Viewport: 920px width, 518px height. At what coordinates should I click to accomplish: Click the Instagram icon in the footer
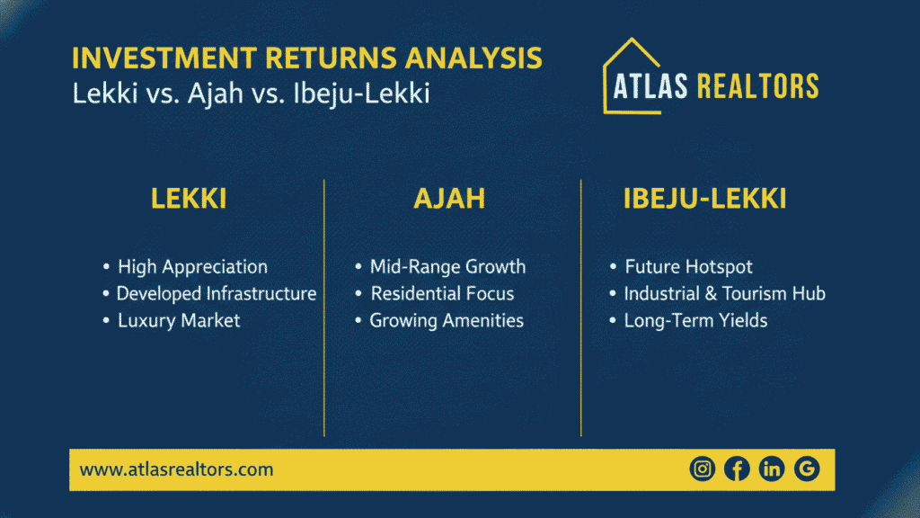[702, 469]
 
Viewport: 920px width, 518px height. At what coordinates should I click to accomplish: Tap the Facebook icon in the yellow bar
[737, 469]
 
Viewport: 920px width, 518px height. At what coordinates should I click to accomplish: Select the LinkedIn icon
[772, 469]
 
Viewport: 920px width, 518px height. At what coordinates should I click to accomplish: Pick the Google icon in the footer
[807, 469]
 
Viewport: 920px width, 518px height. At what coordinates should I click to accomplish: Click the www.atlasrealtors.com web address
[176, 469]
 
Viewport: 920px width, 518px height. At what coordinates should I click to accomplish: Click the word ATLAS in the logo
[650, 86]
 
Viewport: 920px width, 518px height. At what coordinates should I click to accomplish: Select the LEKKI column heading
[189, 200]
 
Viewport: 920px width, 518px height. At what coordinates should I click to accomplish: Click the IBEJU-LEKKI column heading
[705, 200]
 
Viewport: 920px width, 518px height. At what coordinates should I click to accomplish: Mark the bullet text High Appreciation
[192, 267]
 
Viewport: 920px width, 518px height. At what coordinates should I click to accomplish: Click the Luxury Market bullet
[179, 321]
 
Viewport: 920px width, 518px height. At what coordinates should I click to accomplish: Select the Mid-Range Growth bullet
[447, 267]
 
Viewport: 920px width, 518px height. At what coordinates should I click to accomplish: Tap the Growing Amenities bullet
[447, 321]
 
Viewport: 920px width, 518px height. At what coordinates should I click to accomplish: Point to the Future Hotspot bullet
[688, 267]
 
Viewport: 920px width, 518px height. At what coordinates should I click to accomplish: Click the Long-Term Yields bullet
[695, 321]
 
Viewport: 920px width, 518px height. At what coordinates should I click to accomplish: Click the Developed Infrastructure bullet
[216, 294]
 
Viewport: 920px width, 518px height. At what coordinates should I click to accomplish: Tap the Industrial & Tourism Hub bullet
[724, 294]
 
